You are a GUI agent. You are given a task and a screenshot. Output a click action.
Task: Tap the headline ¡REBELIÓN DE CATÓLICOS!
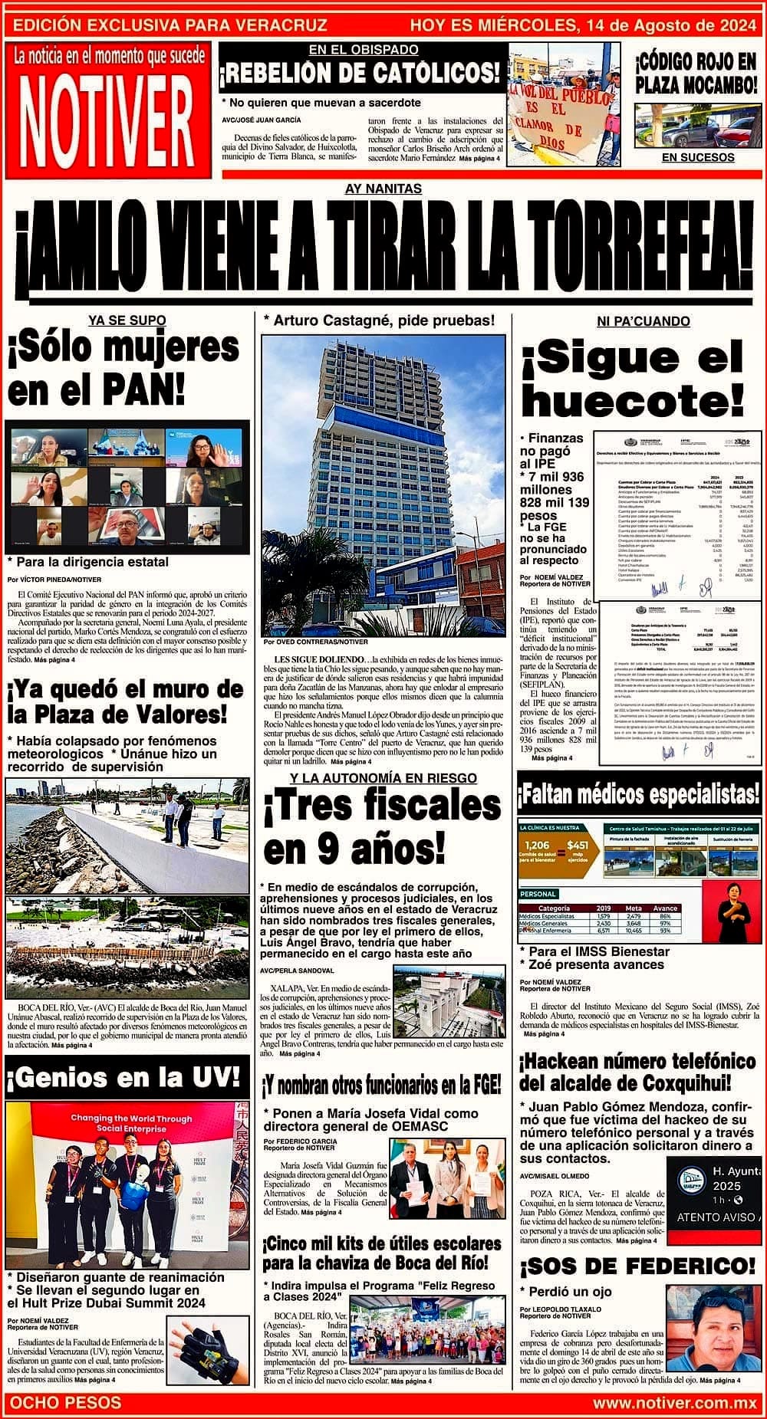click(361, 74)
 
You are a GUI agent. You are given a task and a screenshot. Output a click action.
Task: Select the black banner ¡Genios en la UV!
click(125, 1077)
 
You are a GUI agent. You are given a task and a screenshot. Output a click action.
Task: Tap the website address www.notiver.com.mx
click(675, 1403)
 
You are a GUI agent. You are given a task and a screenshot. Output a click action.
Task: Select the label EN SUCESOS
click(697, 157)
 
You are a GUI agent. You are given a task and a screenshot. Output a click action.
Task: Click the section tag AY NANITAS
click(383, 188)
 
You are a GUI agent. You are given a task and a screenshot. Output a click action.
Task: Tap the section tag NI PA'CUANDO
click(643, 321)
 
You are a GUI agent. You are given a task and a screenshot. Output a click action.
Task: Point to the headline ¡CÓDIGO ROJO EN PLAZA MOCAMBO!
click(696, 73)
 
